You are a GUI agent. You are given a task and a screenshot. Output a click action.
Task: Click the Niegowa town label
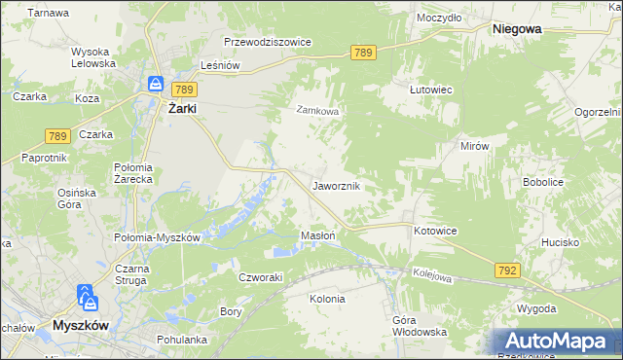coord(517,30)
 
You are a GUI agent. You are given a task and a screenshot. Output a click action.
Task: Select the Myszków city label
coord(86,324)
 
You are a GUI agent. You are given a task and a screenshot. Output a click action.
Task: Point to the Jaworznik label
coord(337,185)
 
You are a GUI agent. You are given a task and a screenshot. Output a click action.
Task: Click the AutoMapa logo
coord(556,342)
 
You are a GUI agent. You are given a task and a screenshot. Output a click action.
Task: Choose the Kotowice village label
coord(435,231)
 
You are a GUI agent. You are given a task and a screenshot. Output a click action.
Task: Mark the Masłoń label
coord(318,235)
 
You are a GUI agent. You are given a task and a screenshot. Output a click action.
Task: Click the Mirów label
coord(473,145)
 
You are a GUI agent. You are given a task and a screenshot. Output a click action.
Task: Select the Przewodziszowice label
coord(267,43)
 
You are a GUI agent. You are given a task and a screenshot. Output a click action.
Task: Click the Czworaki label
coord(261,276)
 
